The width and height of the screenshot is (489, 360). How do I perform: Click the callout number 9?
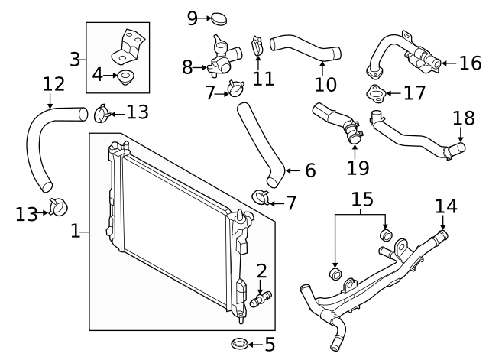pyautogui.click(x=193, y=18)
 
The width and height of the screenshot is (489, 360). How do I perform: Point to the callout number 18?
pyautogui.click(x=463, y=118)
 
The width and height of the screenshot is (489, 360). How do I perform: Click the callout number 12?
pyautogui.click(x=53, y=83)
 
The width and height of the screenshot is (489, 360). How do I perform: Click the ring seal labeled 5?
pyautogui.click(x=238, y=343)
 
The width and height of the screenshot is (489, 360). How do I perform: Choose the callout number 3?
pyautogui.click(x=76, y=57)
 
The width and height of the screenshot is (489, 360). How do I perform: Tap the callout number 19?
pyautogui.click(x=357, y=167)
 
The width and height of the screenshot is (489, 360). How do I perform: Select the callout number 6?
pyautogui.click(x=309, y=170)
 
